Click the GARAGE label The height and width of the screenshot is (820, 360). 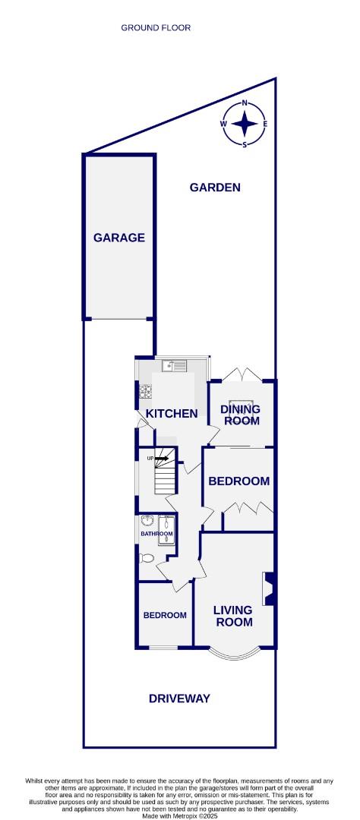(119, 238)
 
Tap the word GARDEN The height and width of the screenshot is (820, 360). (215, 187)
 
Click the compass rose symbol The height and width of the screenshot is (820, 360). (244, 124)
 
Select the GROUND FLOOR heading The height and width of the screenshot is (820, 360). (156, 28)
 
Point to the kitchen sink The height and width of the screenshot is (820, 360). (169, 366)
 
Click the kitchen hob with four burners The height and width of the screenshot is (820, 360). (144, 393)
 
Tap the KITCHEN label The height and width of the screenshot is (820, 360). (172, 414)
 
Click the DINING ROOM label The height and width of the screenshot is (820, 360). (241, 415)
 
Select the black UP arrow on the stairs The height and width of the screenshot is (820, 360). (161, 459)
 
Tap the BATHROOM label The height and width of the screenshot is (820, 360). (156, 534)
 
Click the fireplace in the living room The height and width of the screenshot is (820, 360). (267, 588)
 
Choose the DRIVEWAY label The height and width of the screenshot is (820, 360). (179, 699)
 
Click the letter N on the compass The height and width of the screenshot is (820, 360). (245, 102)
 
